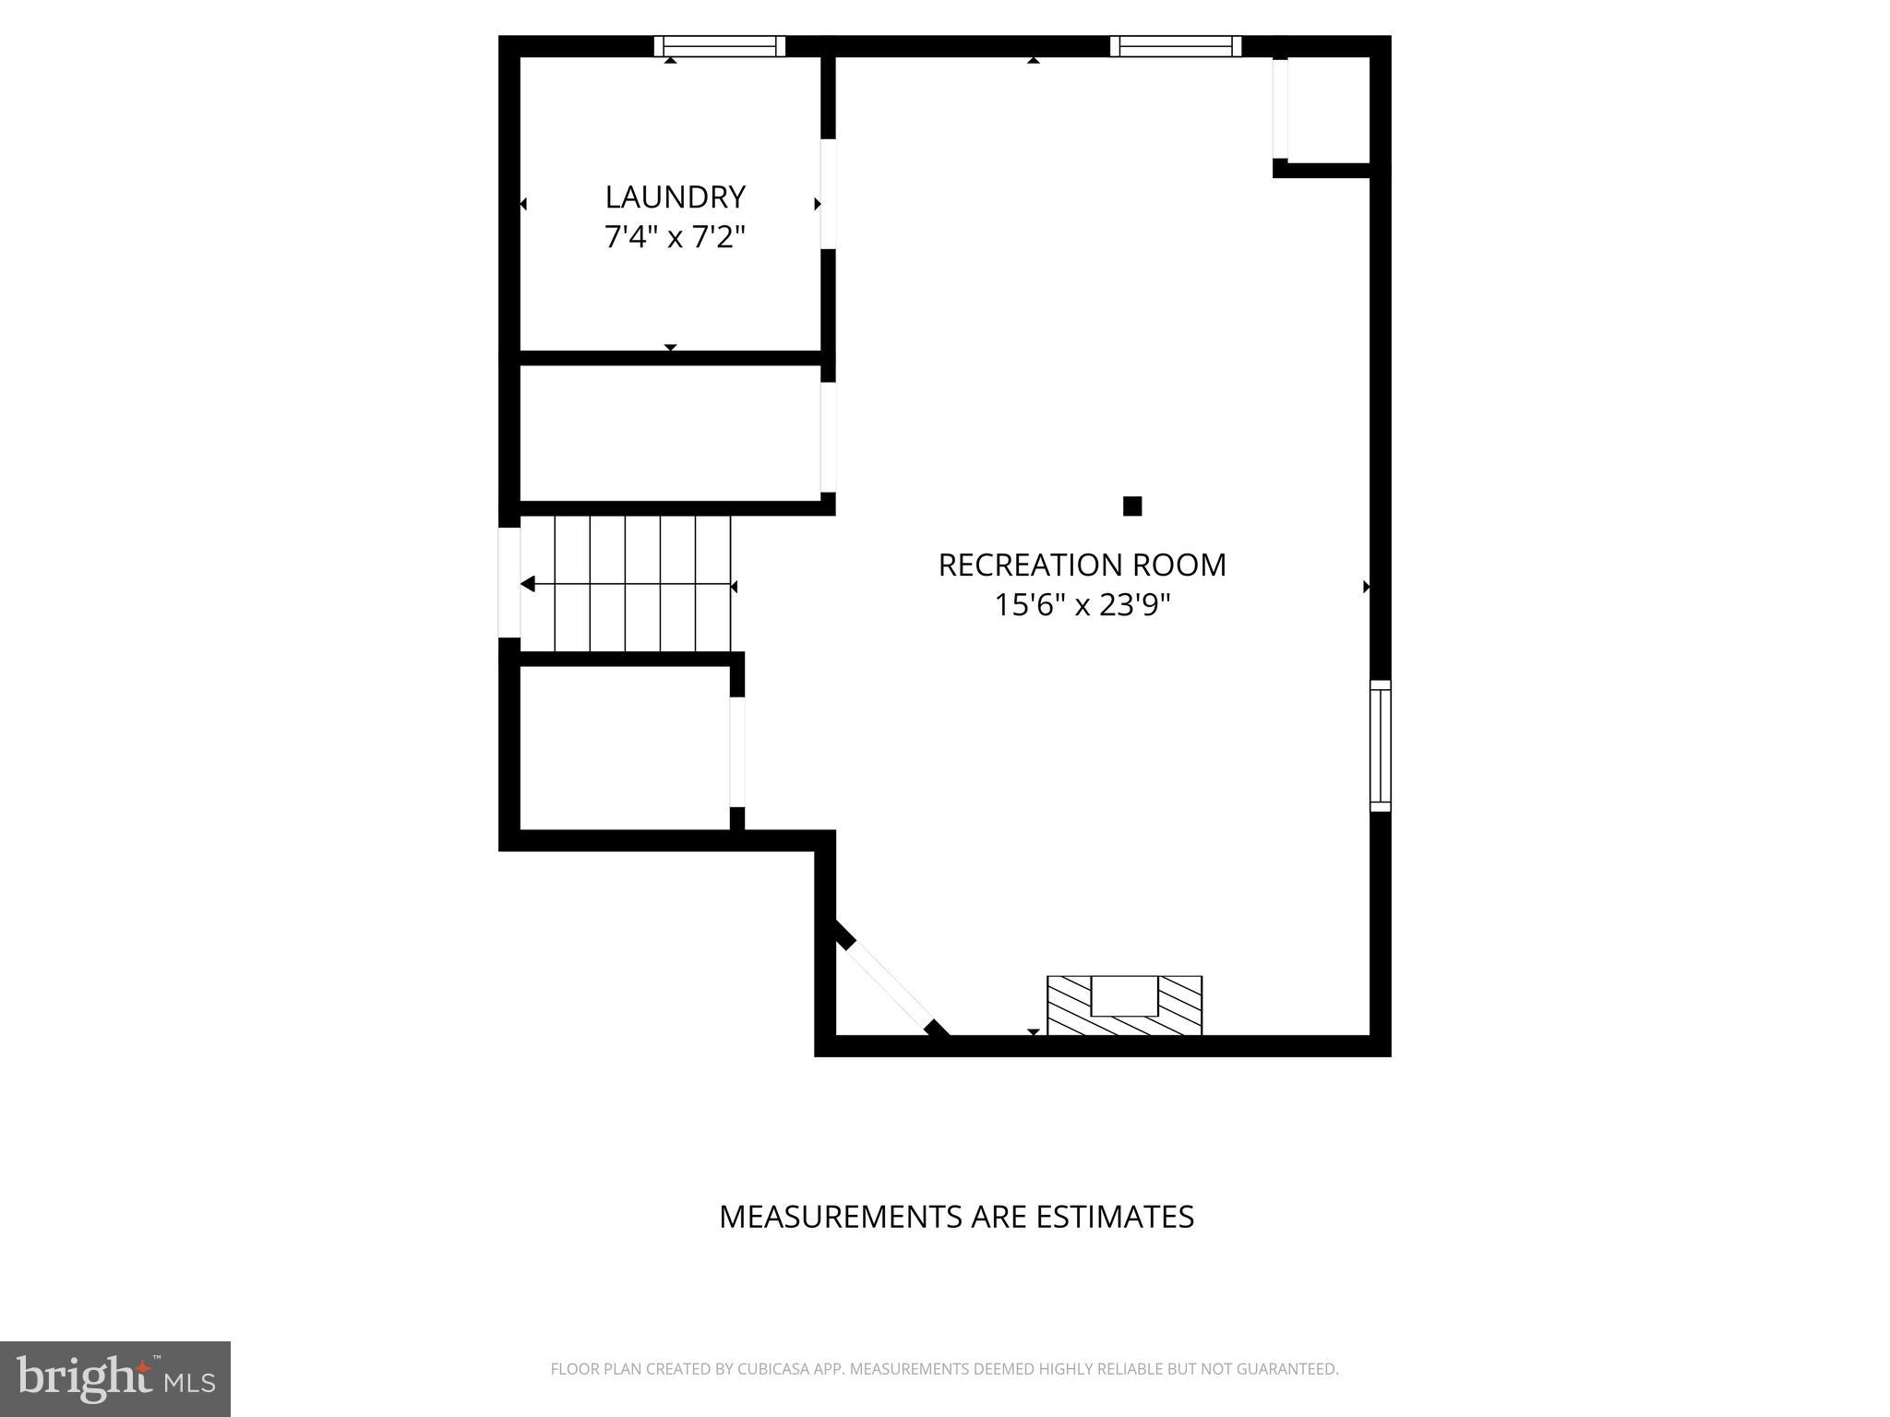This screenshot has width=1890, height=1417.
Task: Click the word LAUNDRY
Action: (x=675, y=197)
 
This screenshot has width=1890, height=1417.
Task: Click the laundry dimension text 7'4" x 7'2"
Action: (x=675, y=238)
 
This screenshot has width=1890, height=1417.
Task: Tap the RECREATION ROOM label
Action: (x=1082, y=566)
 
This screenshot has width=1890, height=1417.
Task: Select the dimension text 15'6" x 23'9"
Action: (x=1082, y=606)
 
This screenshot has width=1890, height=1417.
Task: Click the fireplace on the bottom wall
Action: (x=1124, y=1006)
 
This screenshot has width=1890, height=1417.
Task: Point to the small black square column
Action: (x=1132, y=506)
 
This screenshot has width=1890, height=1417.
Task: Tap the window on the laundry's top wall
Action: (x=720, y=46)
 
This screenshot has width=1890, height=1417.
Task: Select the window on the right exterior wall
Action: (x=1380, y=745)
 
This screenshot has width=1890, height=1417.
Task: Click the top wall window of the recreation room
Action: (x=1175, y=46)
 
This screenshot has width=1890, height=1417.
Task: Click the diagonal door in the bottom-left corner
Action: (x=891, y=987)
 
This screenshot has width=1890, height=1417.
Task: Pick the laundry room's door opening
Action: (x=828, y=194)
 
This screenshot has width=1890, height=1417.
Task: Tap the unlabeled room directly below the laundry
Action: (x=670, y=434)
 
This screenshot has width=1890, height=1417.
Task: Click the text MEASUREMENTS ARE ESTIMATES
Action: (x=956, y=1217)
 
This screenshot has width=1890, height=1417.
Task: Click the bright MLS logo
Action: (x=115, y=1378)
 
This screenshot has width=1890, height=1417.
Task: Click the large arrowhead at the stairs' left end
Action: (x=528, y=584)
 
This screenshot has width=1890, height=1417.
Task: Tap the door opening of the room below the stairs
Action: (x=737, y=752)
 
